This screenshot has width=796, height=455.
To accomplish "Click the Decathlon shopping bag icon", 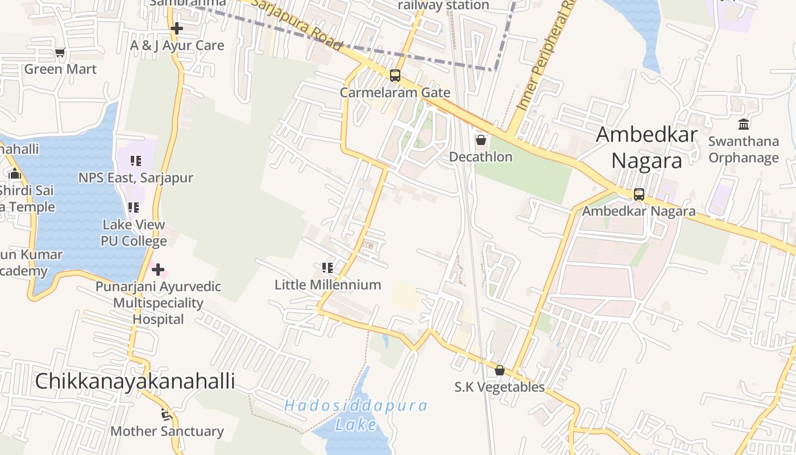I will pyautogui.click(x=481, y=140).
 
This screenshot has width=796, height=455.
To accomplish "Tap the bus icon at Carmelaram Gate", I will pyautogui.click(x=395, y=76).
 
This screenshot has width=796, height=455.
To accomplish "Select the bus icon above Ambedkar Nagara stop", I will pyautogui.click(x=639, y=195).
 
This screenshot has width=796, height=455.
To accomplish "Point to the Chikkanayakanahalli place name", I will pyautogui.click(x=135, y=381).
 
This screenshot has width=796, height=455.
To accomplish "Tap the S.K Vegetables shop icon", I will pyautogui.click(x=500, y=370).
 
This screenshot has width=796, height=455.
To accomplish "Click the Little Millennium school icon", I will pyautogui.click(x=327, y=267).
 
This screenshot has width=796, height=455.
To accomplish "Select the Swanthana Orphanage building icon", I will pyautogui.click(x=744, y=124).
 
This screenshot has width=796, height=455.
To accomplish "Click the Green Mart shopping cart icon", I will pyautogui.click(x=60, y=53).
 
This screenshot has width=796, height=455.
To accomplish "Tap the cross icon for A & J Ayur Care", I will pyautogui.click(x=177, y=28).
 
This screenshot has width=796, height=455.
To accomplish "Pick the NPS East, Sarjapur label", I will pyautogui.click(x=136, y=177).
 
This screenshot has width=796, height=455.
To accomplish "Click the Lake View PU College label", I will pyautogui.click(x=134, y=233).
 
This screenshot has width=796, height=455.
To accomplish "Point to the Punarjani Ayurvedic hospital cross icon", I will pyautogui.click(x=158, y=269).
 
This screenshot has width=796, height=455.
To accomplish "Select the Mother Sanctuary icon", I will pyautogui.click(x=166, y=415).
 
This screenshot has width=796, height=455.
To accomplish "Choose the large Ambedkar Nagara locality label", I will pyautogui.click(x=647, y=148).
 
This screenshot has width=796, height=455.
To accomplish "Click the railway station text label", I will pyautogui.click(x=443, y=6).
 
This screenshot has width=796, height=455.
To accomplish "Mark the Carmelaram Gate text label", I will pyautogui.click(x=395, y=92).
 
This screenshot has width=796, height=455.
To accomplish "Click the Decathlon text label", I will pyautogui.click(x=481, y=156).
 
